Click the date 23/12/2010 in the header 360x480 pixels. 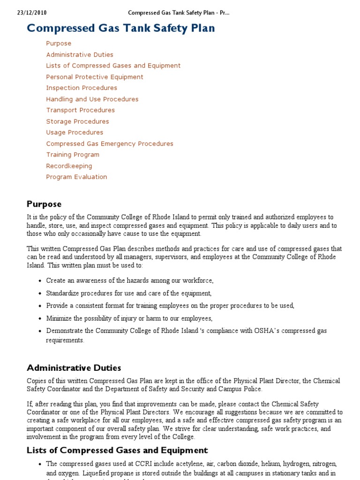pyautogui.click(x=32, y=12)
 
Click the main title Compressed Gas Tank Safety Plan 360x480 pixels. pyautogui.click(x=121, y=28)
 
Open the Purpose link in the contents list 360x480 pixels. pyautogui.click(x=59, y=44)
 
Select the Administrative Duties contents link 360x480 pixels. pyautogui.click(x=80, y=55)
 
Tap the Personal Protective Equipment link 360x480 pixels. pyautogui.click(x=95, y=77)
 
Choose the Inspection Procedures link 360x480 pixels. pyautogui.click(x=82, y=88)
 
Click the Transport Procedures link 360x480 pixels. pyautogui.click(x=80, y=110)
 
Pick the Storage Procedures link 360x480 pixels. pyautogui.click(x=77, y=121)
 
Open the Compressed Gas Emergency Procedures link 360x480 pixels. pyautogui.click(x=110, y=144)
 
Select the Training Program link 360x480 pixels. pyautogui.click(x=73, y=155)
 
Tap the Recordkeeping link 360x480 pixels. pyautogui.click(x=69, y=166)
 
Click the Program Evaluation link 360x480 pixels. pyautogui.click(x=76, y=177)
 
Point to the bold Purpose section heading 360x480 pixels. pyautogui.click(x=44, y=204)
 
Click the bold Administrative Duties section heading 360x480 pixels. pyautogui.click(x=74, y=367)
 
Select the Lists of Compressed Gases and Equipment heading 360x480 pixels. pyautogui.click(x=117, y=450)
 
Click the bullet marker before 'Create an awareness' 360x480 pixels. pyautogui.click(x=39, y=281)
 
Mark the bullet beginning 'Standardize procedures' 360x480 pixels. pyautogui.click(x=129, y=293)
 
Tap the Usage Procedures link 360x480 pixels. pyautogui.click(x=75, y=133)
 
